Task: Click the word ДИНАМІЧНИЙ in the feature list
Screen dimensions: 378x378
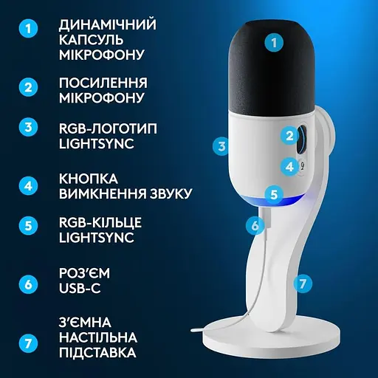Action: pyautogui.click(x=107, y=24)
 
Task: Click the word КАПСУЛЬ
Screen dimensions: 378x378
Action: pyautogui.click(x=92, y=40)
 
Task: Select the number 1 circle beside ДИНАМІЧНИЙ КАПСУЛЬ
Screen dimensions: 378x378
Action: pyautogui.click(x=29, y=30)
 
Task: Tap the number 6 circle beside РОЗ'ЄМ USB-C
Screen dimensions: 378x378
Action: pyautogui.click(x=29, y=283)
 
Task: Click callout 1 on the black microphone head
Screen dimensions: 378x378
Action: pyautogui.click(x=275, y=43)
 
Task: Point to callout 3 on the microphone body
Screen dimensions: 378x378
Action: pyautogui.click(x=220, y=146)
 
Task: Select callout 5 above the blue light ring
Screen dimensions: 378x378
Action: pyautogui.click(x=274, y=195)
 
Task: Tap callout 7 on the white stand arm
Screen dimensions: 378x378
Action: pyautogui.click(x=300, y=283)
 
